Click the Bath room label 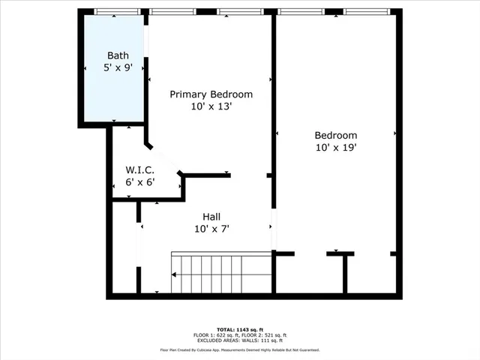(118, 55)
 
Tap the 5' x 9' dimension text (118, 67)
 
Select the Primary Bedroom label (211, 94)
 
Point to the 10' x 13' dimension (211, 106)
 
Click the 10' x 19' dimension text (335, 147)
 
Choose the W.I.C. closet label (140, 170)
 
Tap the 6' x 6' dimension (140, 182)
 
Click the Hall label (211, 216)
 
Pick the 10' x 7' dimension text (211, 228)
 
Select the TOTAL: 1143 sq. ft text (239, 329)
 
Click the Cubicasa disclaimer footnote (239, 349)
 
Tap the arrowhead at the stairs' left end (174, 274)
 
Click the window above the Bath (118, 11)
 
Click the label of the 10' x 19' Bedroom (335, 135)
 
